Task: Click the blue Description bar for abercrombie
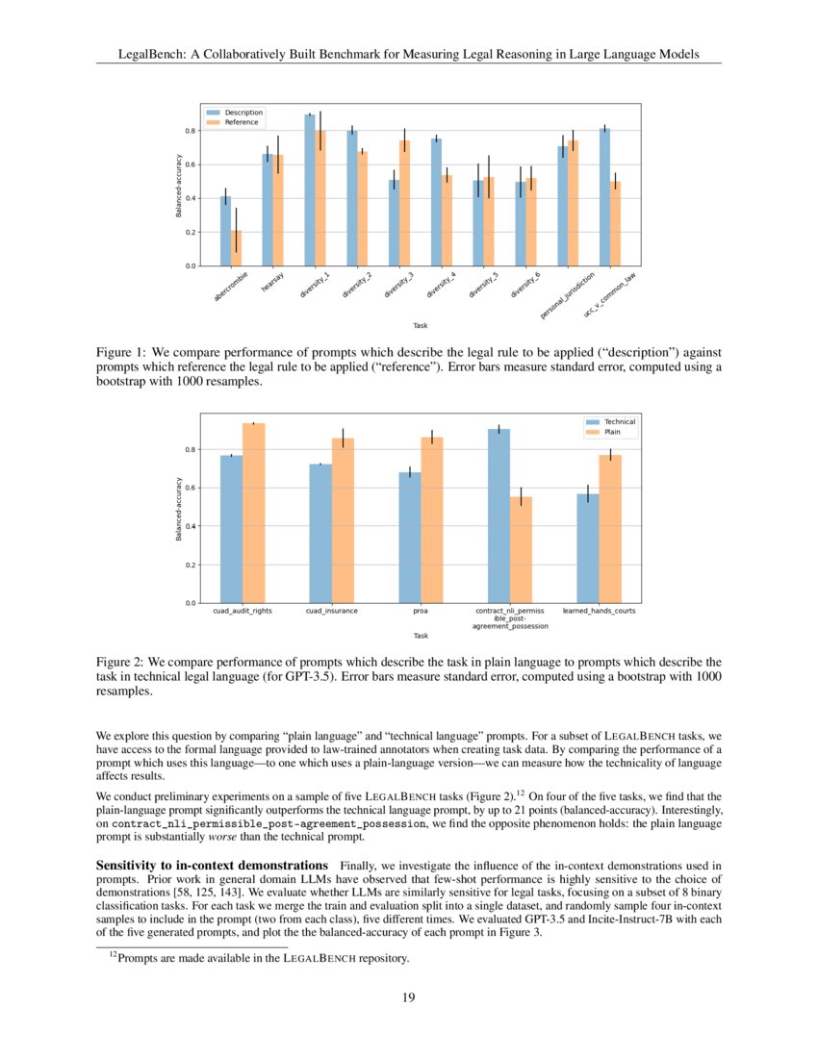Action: tap(225, 231)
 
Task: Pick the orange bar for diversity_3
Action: tap(404, 203)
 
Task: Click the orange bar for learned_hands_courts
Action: tap(610, 529)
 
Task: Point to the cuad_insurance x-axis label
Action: tap(331, 611)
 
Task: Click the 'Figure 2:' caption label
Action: tap(119, 663)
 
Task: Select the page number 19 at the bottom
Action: tap(408, 997)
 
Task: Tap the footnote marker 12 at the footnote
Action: tap(112, 955)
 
